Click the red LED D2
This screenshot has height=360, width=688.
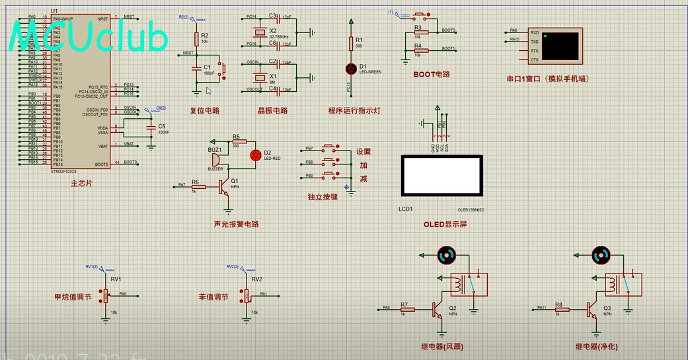(255, 155)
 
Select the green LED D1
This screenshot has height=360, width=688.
(350, 68)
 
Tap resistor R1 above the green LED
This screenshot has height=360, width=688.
(350, 44)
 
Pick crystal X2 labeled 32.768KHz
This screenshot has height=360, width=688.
(255, 33)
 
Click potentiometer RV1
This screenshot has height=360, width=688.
(105, 295)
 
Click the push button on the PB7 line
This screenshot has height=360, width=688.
(329, 149)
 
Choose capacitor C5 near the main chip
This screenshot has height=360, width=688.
(151, 126)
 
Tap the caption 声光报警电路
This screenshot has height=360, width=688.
(236, 224)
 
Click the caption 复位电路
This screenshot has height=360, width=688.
(204, 110)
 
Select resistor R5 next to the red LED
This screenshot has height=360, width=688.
(237, 141)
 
